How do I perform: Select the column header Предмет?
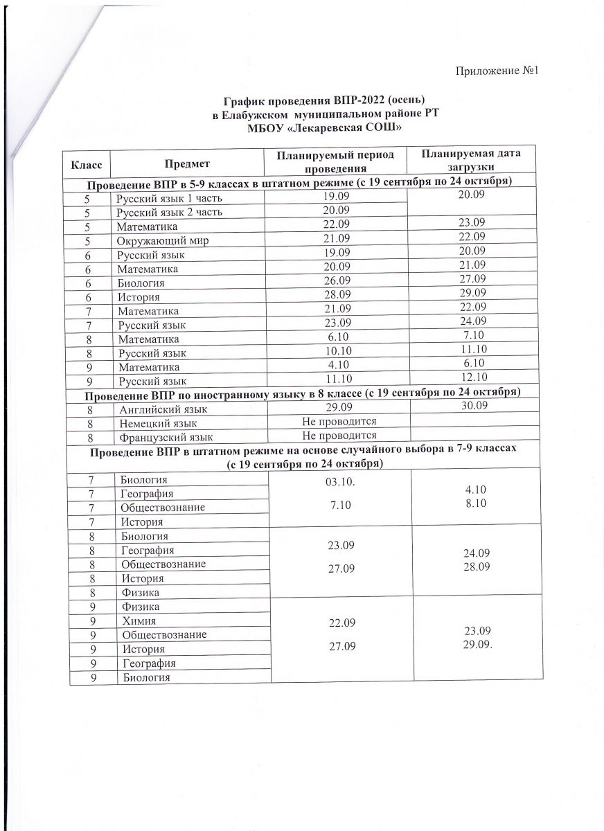pos(188,163)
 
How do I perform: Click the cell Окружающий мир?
pos(163,240)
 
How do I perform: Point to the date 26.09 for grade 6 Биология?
pos(337,283)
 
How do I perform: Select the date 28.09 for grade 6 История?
pos(337,296)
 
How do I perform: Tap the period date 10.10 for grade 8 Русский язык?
pos(337,352)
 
